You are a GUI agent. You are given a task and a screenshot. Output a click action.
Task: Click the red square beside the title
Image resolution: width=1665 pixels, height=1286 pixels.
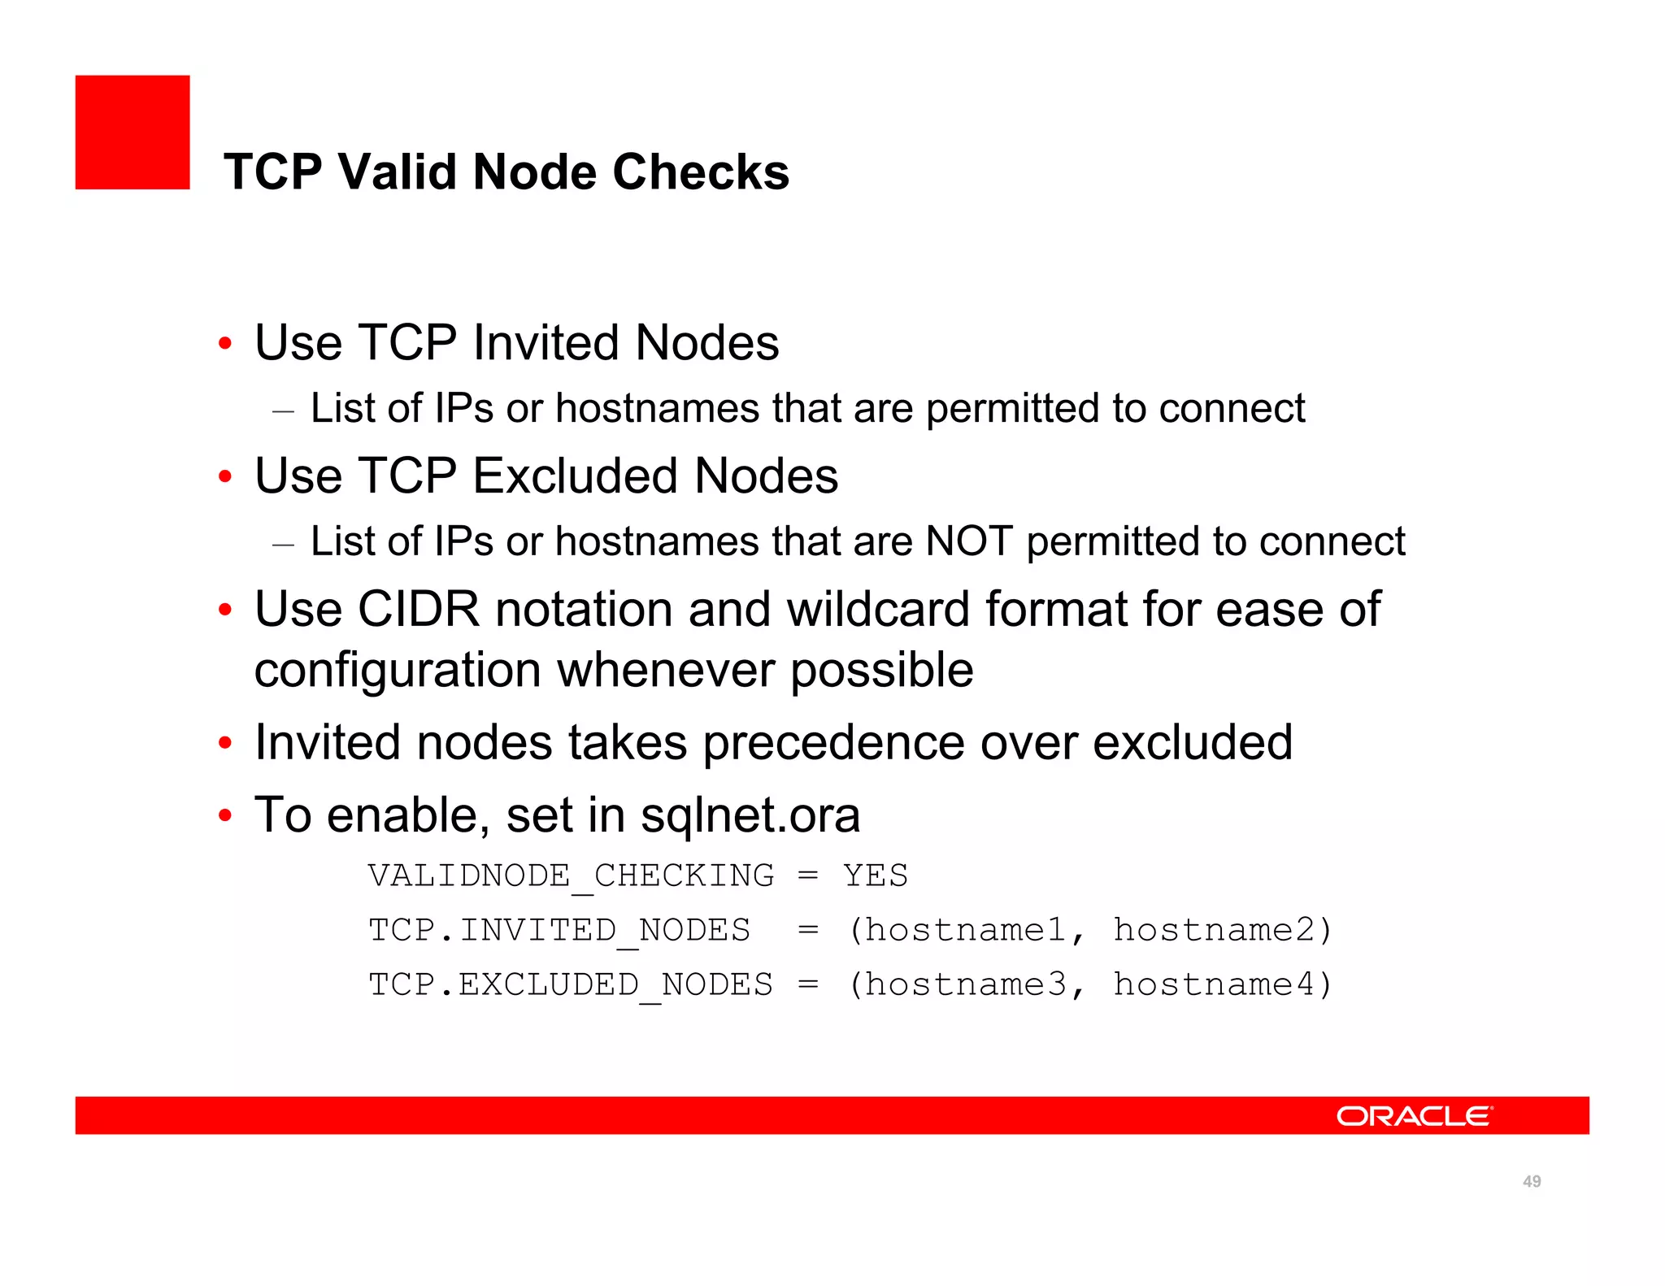pyautogui.click(x=133, y=133)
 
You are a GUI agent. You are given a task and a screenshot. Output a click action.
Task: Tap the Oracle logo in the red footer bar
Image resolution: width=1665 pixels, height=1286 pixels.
pyautogui.click(x=1415, y=1115)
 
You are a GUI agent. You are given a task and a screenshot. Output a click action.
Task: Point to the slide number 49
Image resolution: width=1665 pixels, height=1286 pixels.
pyautogui.click(x=1532, y=1181)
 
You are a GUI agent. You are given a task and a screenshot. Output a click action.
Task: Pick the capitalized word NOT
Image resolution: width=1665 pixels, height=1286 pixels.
pyautogui.click(x=969, y=541)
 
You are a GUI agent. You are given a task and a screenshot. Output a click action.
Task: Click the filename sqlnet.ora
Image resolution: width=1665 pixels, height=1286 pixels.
pyautogui.click(x=750, y=815)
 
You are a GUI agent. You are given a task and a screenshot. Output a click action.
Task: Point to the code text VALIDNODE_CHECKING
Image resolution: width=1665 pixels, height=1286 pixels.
pyautogui.click(x=571, y=875)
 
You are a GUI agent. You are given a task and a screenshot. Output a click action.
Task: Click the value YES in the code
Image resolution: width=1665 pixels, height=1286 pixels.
pyautogui.click(x=875, y=875)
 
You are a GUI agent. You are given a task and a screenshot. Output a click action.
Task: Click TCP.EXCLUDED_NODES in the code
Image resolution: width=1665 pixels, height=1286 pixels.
pyautogui.click(x=571, y=984)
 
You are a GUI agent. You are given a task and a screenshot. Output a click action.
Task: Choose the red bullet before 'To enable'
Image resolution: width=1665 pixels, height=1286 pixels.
pyautogui.click(x=225, y=815)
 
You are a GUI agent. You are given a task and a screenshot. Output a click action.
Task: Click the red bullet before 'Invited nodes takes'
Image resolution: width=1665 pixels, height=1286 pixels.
pyautogui.click(x=225, y=743)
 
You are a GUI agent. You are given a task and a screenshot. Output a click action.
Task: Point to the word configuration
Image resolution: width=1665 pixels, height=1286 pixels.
pyautogui.click(x=398, y=670)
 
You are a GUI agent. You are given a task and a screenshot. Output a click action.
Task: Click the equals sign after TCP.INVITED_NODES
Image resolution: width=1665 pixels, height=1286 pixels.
pyautogui.click(x=807, y=930)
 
